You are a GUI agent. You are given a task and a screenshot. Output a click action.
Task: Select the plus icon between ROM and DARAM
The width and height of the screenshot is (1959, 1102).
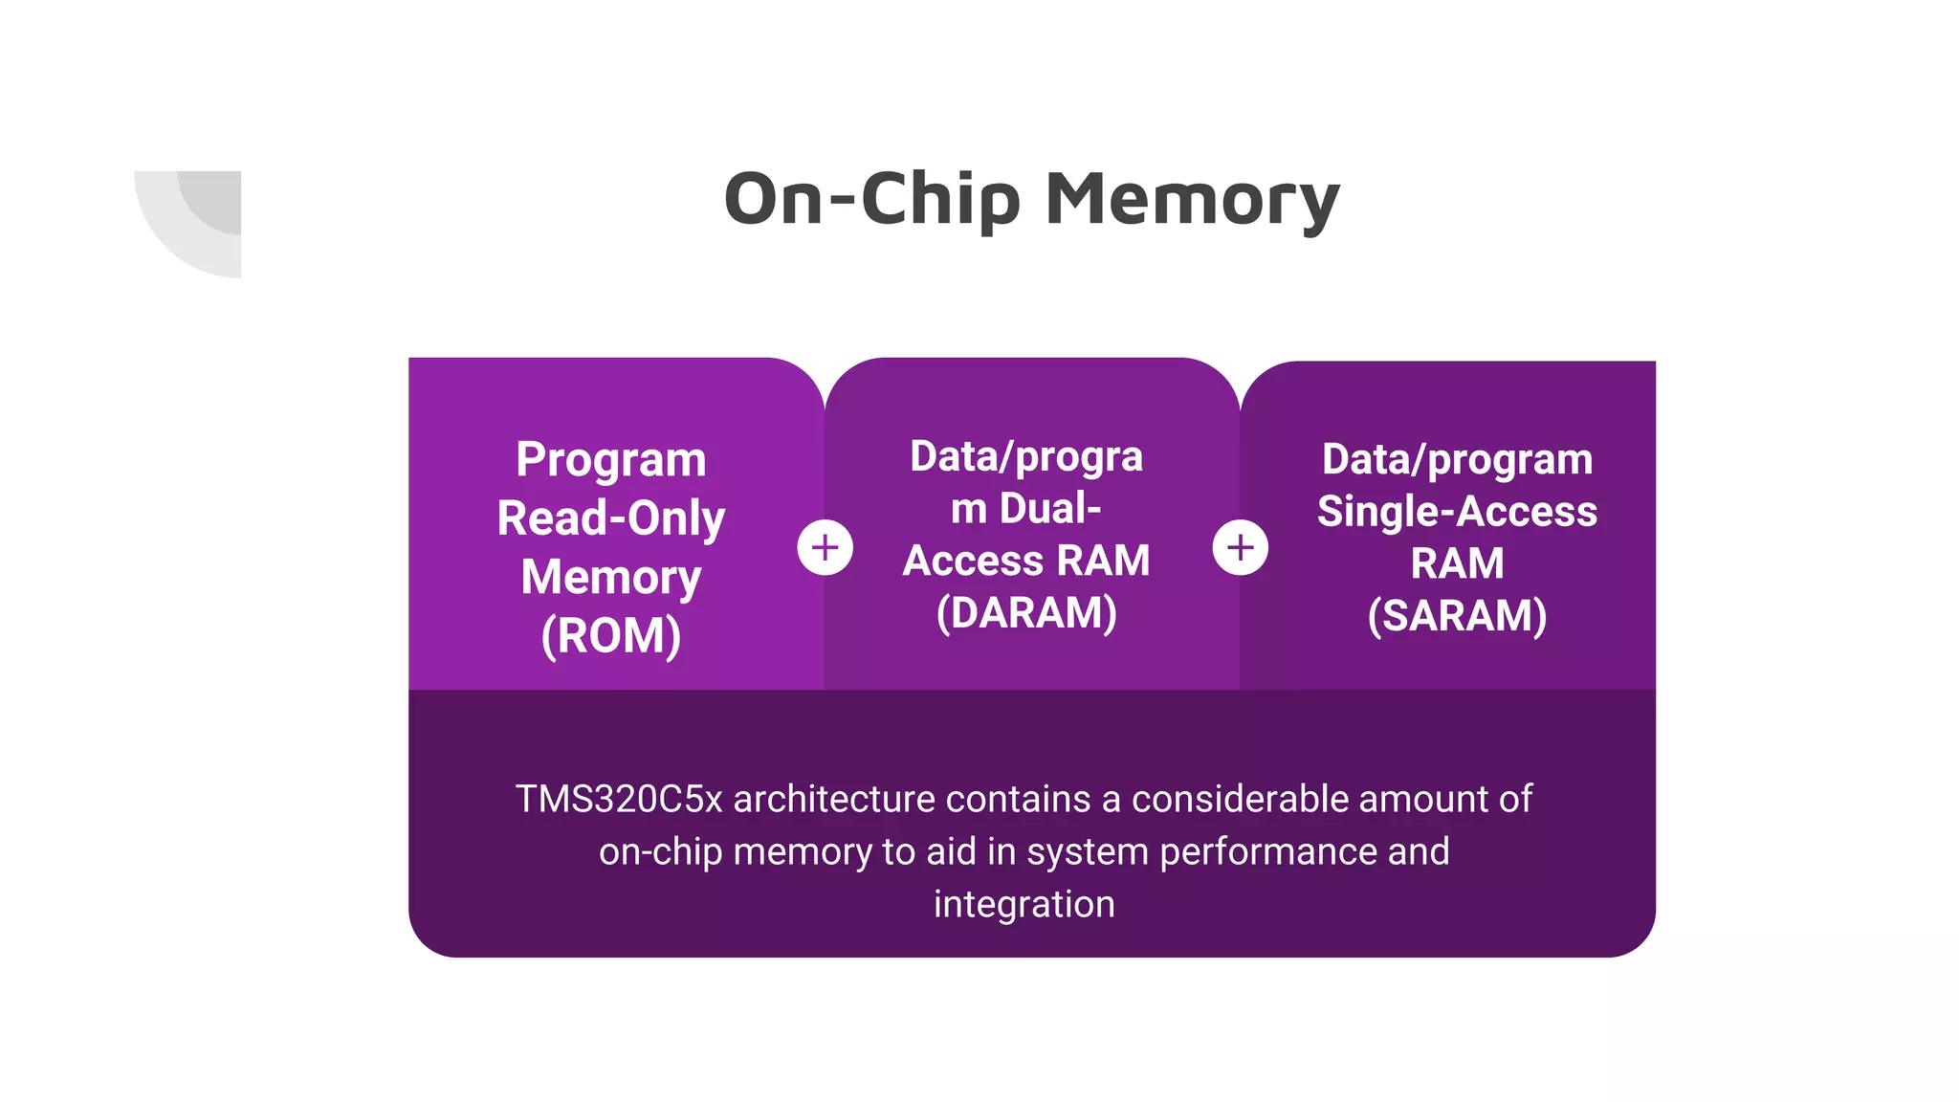point(825,548)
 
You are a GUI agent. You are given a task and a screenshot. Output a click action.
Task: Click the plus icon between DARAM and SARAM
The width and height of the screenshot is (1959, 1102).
point(1240,548)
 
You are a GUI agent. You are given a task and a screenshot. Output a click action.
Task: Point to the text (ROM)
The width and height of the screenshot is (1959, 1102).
point(611,636)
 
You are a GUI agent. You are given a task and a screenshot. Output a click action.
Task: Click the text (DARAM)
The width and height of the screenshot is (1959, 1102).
point(1026,613)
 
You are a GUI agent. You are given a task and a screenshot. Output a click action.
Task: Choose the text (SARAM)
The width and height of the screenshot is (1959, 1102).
point(1457,616)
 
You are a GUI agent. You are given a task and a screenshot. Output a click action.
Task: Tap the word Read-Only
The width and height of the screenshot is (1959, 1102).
point(611,519)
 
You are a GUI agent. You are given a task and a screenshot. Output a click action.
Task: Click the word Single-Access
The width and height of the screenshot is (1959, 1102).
point(1457,512)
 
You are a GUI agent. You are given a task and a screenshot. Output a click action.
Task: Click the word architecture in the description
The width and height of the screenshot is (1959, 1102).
point(834,799)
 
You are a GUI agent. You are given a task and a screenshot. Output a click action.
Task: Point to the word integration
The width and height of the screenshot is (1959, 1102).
point(1024,904)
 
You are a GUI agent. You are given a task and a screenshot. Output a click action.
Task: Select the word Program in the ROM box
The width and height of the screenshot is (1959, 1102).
point(611,460)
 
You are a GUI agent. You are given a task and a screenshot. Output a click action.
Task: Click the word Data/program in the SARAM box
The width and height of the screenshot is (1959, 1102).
point(1457,460)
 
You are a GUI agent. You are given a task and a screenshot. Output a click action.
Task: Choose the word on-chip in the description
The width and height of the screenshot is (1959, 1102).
point(660,851)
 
